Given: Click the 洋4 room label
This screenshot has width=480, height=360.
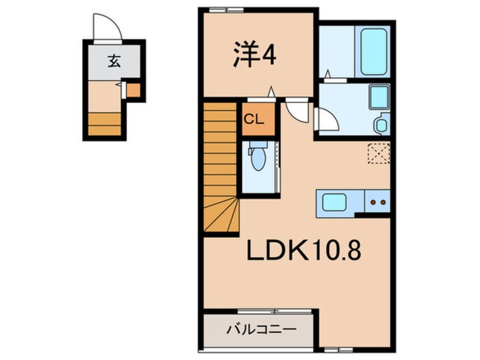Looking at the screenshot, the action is (255, 55).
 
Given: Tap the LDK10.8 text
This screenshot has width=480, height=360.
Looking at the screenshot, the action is (304, 250).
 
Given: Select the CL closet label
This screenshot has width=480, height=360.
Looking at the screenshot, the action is (254, 119).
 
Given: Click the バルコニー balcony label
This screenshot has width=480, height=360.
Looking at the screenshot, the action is (262, 330).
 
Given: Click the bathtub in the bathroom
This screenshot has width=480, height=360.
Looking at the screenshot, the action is (373, 52).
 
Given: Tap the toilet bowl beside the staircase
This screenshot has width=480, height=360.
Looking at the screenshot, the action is (258, 157).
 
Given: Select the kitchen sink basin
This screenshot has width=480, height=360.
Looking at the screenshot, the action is (334, 202).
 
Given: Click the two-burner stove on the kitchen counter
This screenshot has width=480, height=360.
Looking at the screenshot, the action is (378, 202).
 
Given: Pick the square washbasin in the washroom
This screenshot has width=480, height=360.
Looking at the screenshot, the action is (379, 97).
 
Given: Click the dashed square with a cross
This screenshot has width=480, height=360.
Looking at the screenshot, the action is (378, 153).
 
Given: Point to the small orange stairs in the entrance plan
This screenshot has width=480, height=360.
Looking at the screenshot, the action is (104, 124).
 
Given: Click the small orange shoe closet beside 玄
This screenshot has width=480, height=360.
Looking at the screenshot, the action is (133, 90).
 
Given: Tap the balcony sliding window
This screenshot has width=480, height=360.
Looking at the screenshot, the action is (275, 311).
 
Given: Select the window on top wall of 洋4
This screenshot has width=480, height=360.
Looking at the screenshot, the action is (226, 10).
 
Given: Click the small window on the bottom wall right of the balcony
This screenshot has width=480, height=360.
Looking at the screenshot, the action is (339, 350).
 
